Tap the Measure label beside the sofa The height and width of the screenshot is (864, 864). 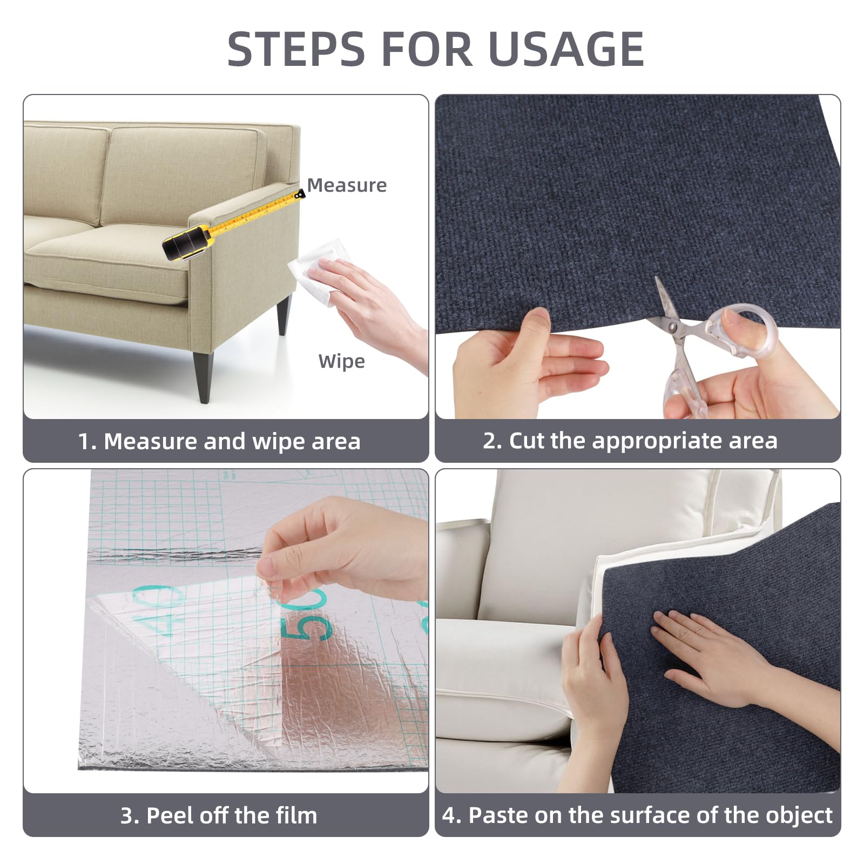[347, 185]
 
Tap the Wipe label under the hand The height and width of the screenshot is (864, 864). [341, 361]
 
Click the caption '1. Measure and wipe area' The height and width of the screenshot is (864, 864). [219, 441]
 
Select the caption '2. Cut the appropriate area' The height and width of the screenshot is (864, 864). [630, 441]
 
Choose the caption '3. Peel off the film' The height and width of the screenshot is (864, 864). [219, 815]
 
